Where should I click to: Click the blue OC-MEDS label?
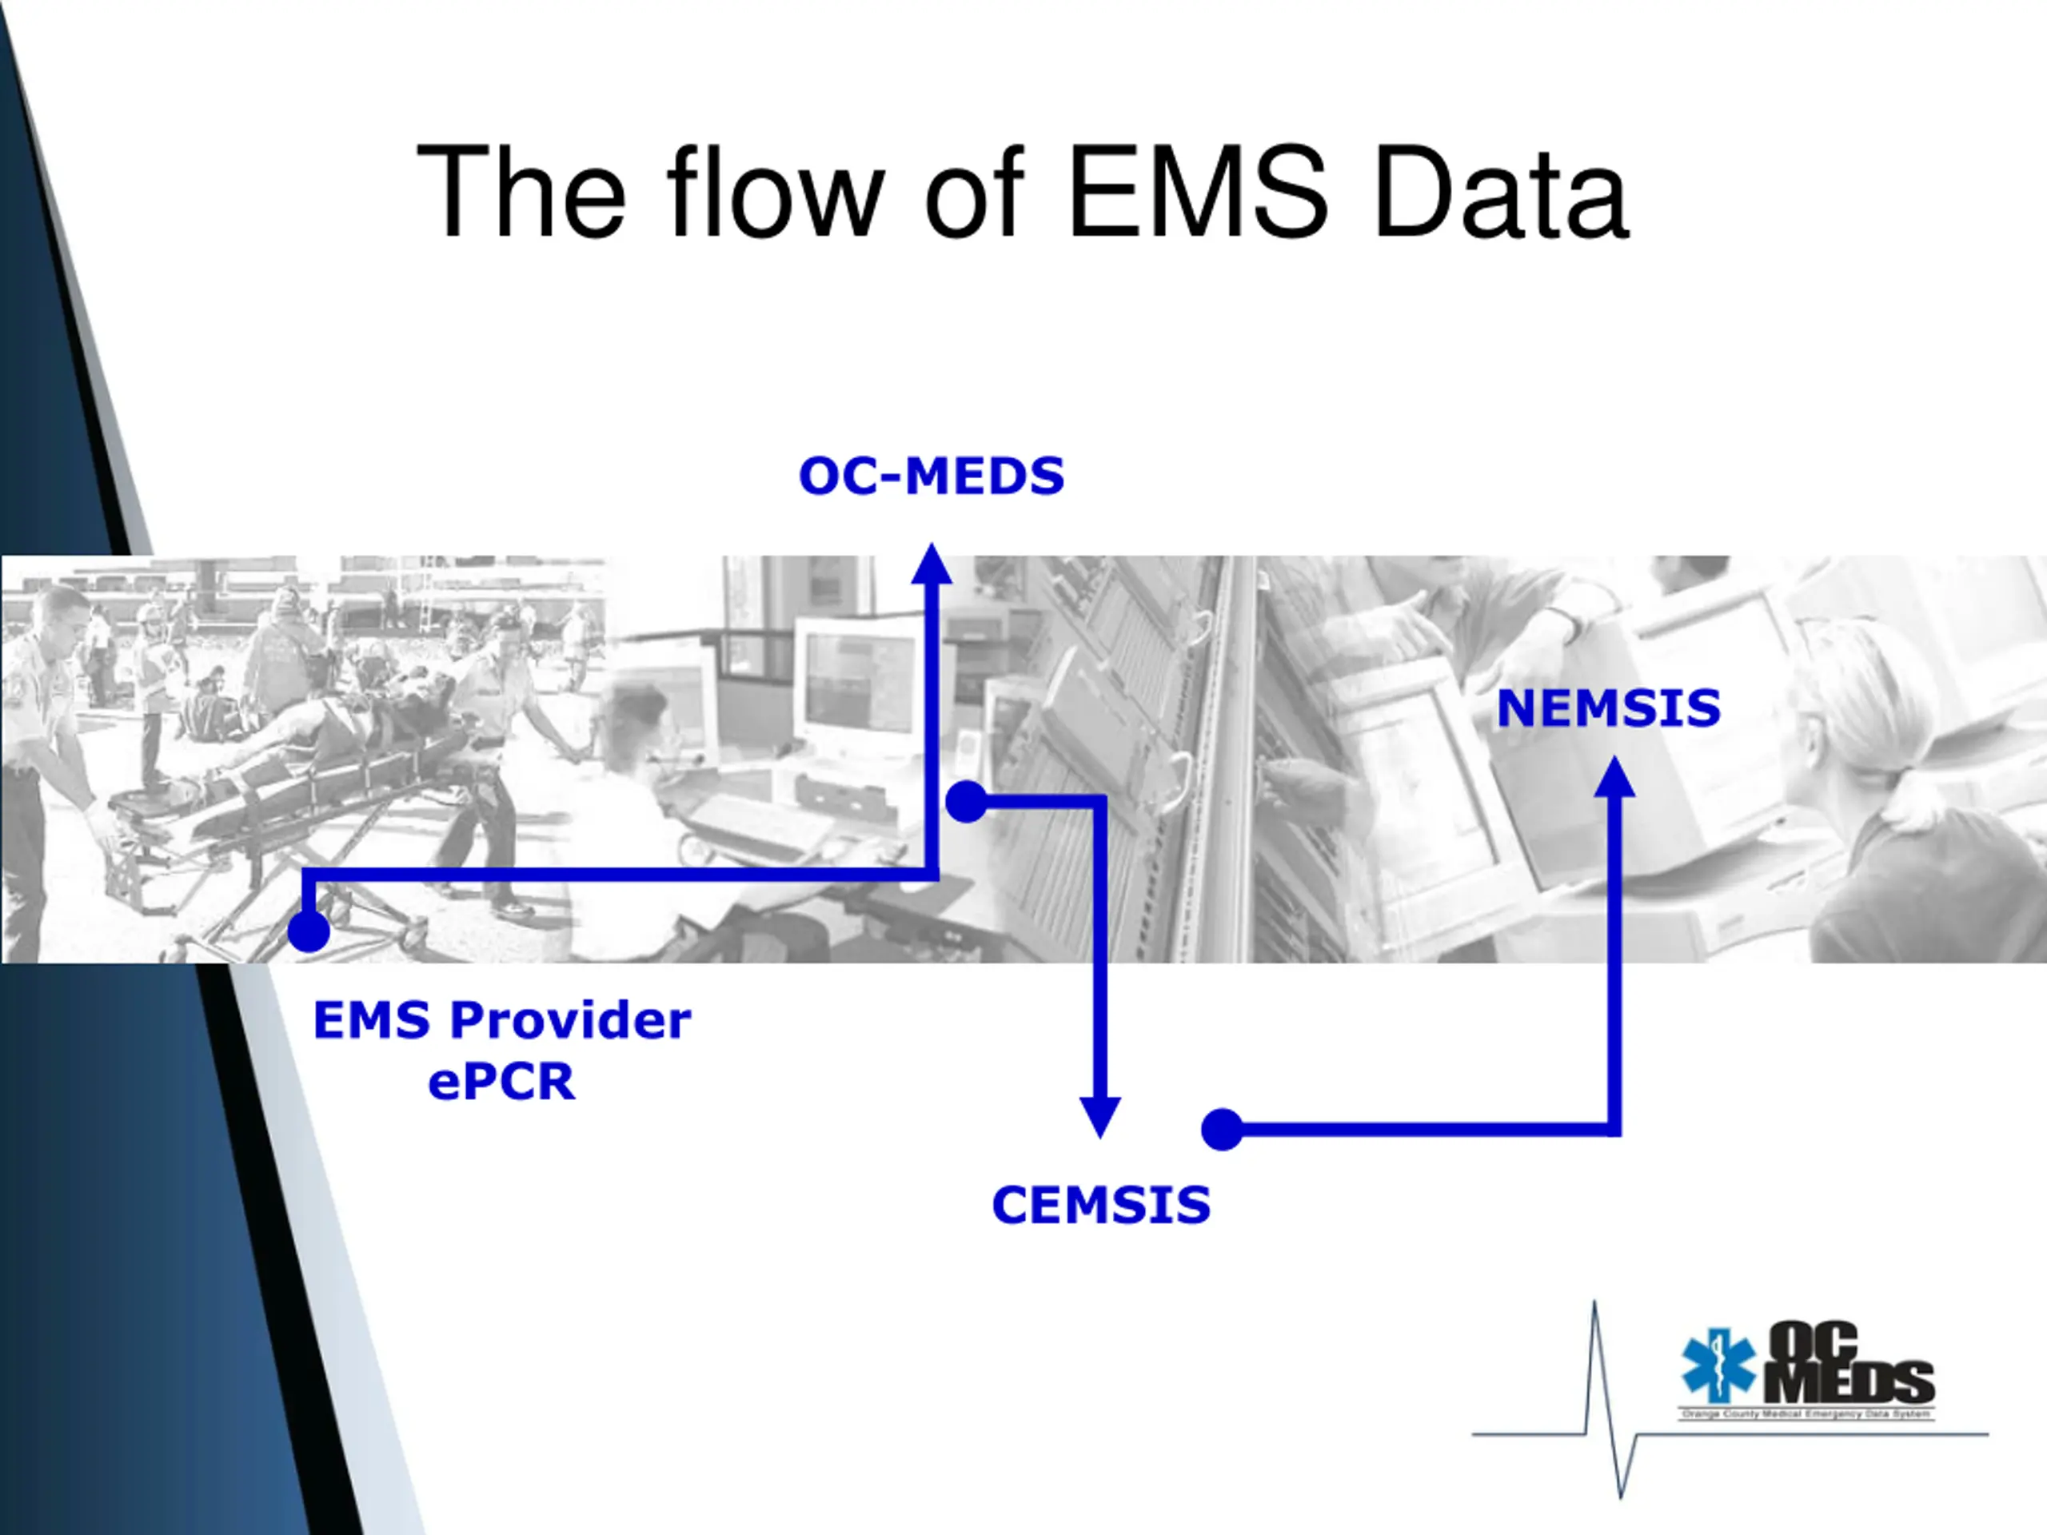click(931, 476)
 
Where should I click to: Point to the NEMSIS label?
click(1608, 709)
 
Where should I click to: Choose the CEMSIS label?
click(1100, 1205)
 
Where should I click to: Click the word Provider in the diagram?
click(570, 1021)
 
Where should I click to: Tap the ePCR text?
click(501, 1081)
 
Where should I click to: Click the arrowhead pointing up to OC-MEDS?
click(932, 564)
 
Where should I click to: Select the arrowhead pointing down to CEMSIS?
click(1100, 1116)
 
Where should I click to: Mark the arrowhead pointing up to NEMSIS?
click(1615, 777)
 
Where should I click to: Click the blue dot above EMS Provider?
click(308, 931)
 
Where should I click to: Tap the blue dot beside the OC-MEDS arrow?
click(966, 801)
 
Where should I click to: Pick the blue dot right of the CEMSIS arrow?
click(1222, 1130)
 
